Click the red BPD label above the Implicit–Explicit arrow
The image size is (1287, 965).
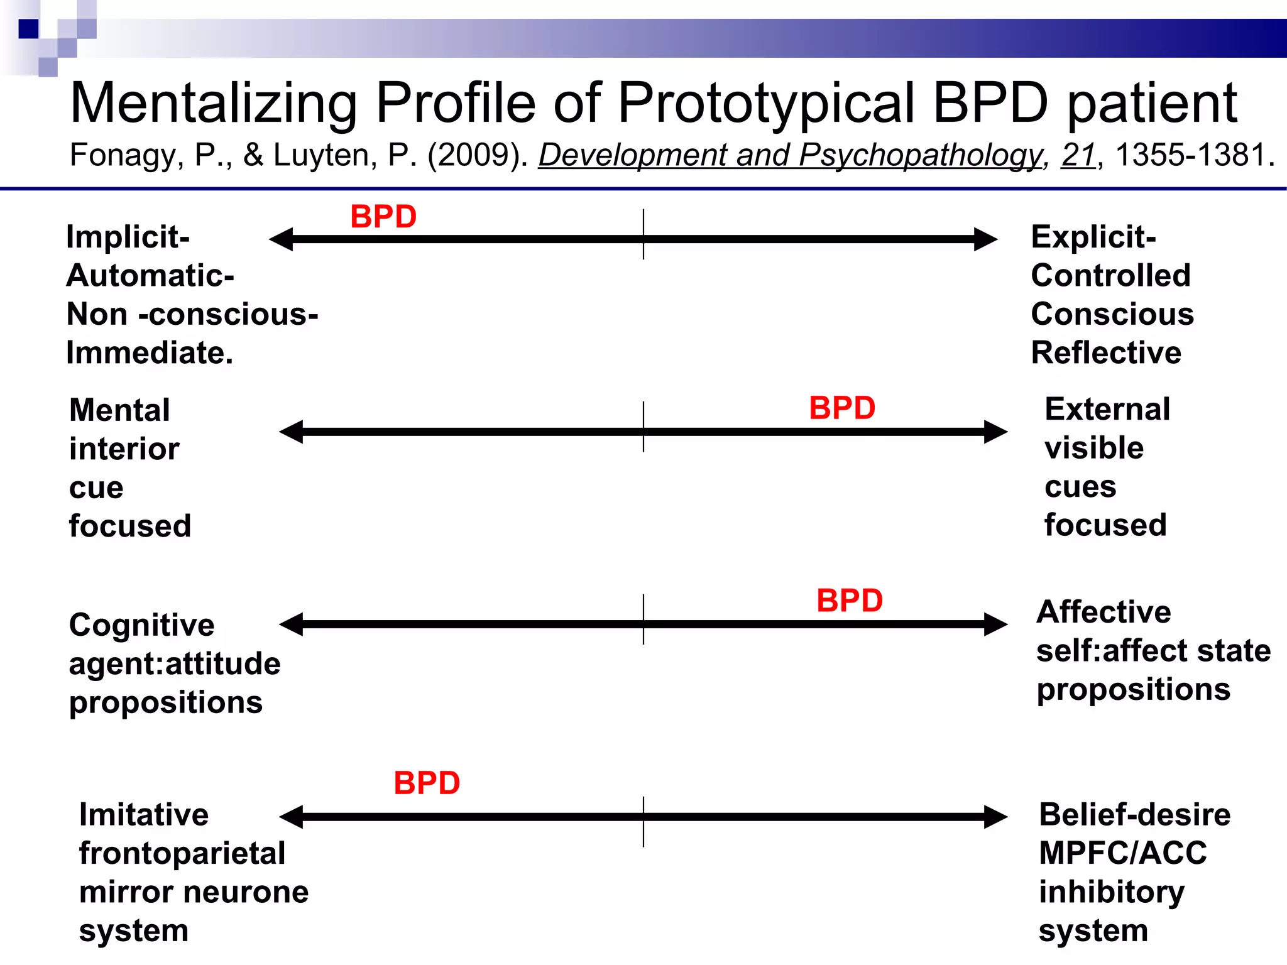tap(383, 217)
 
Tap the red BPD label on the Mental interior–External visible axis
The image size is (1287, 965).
tap(842, 408)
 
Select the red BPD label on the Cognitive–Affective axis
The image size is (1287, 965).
tap(850, 601)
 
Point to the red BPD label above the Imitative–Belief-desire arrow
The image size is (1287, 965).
tap(427, 783)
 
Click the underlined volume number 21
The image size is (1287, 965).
tap(1078, 155)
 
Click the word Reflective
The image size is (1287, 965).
tap(1106, 352)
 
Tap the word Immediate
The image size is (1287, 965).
tap(150, 352)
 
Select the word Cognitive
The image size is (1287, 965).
tap(142, 625)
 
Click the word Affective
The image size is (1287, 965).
tap(1104, 612)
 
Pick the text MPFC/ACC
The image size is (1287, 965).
tap(1123, 853)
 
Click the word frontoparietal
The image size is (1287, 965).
tap(182, 853)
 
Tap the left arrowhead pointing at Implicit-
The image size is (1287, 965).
tap(282, 239)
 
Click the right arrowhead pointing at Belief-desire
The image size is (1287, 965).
tap(995, 817)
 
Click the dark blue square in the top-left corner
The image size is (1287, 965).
tap(28, 29)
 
